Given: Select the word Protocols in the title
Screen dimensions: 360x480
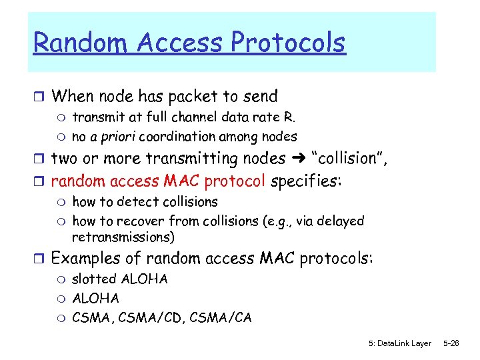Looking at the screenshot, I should pos(288,43).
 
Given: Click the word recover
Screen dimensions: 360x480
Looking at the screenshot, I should pos(146,221).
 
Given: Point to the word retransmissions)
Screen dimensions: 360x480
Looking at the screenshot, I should pos(123,237).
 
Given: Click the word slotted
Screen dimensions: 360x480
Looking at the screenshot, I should pos(94,279).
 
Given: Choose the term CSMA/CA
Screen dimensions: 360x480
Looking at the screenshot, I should pos(221,318).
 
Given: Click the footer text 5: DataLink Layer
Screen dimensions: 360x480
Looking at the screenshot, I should pos(399,343).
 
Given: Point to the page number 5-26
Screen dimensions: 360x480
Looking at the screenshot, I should pos(451,343).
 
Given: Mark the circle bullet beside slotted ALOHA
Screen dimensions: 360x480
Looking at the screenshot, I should pos(62,280).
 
